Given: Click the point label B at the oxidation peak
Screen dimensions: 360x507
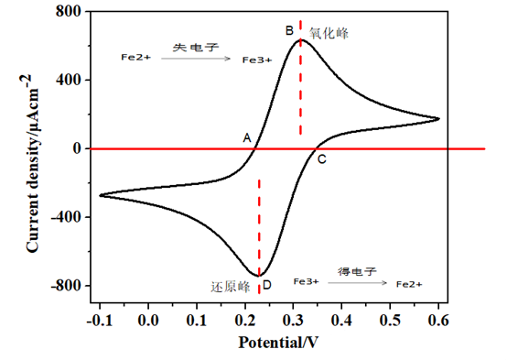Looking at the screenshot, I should pyautogui.click(x=289, y=30).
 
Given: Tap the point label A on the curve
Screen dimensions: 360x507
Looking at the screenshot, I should pyautogui.click(x=246, y=137).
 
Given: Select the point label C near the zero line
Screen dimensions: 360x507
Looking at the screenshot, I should pyautogui.click(x=321, y=159).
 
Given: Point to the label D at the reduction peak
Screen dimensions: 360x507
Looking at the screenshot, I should pyautogui.click(x=267, y=286).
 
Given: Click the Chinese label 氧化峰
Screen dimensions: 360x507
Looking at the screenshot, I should pyautogui.click(x=329, y=33).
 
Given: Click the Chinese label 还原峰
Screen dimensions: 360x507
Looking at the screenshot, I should pyautogui.click(x=232, y=286).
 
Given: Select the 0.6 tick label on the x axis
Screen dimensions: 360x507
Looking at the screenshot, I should pyautogui.click(x=438, y=321).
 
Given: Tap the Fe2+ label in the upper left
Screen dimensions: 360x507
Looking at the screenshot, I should pyautogui.click(x=135, y=57).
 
